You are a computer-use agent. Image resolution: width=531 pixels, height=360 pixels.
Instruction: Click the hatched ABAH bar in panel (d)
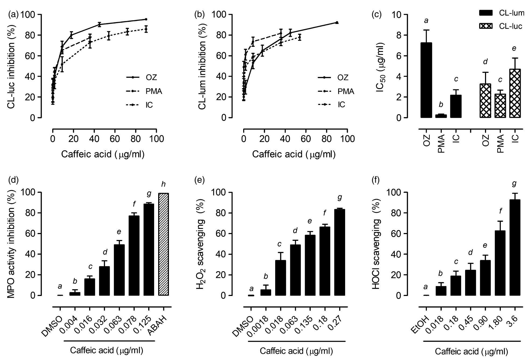pos(164,244)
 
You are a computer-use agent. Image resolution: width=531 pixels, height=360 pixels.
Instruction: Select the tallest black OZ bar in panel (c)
pos(426,80)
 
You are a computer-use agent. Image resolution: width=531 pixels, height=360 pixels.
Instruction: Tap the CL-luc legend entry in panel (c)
pos(500,26)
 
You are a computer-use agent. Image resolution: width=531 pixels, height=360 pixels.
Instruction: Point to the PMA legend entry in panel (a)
pos(144,91)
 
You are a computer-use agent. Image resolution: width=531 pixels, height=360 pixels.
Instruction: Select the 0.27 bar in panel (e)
pos(339,252)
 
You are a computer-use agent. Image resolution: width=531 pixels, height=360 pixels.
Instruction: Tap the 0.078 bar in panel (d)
pos(134,256)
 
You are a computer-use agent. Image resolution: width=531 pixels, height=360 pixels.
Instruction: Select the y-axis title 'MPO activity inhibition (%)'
pos(11,244)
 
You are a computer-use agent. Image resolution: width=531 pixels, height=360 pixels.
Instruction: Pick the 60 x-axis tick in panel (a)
pos(115,139)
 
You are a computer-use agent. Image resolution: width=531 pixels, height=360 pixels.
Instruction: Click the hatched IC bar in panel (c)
pos(515,93)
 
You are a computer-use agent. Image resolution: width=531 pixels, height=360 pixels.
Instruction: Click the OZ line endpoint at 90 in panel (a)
pos(146,19)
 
